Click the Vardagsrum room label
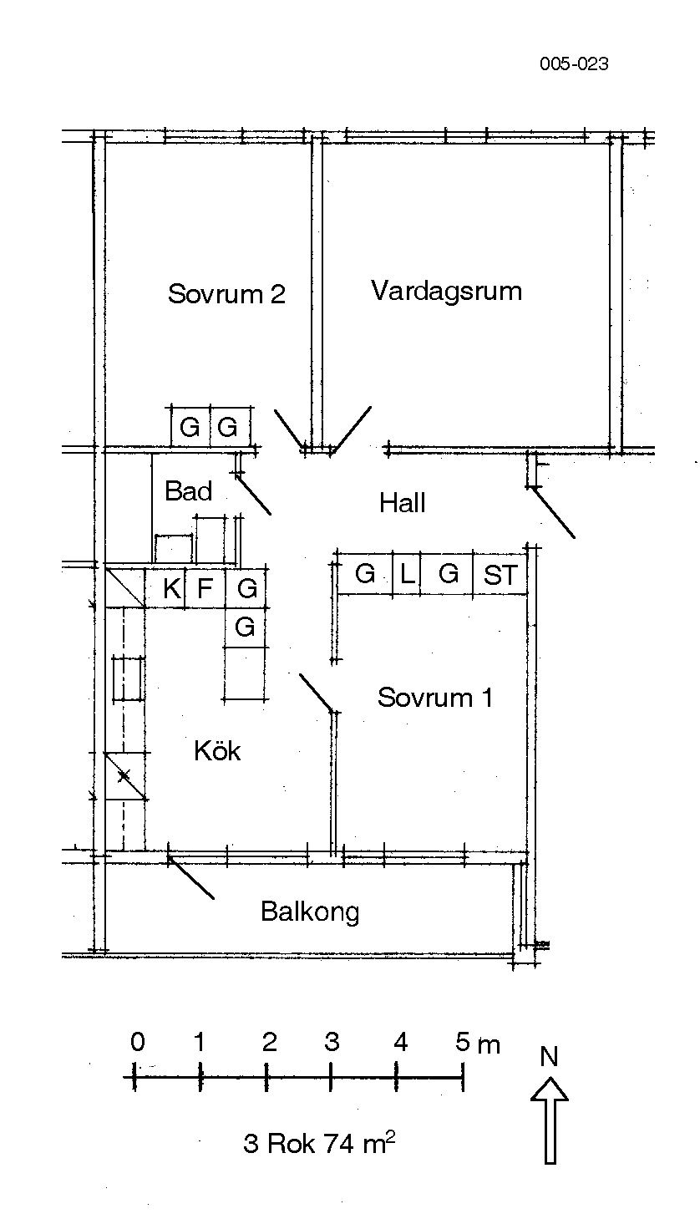click(446, 291)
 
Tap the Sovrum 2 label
click(226, 294)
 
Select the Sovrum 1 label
click(435, 697)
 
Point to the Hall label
click(402, 502)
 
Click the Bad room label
click(188, 491)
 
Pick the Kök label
click(217, 750)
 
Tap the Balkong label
click(310, 912)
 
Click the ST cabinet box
click(500, 573)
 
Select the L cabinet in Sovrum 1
click(406, 573)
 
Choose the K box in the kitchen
click(165, 587)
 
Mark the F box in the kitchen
click(205, 587)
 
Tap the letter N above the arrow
click(549, 1057)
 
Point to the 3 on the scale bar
click(332, 1042)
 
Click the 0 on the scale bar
click(138, 1042)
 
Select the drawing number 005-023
click(575, 64)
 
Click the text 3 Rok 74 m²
click(319, 1143)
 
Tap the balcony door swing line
click(191, 878)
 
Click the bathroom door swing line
click(253, 494)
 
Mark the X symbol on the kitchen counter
click(124, 776)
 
